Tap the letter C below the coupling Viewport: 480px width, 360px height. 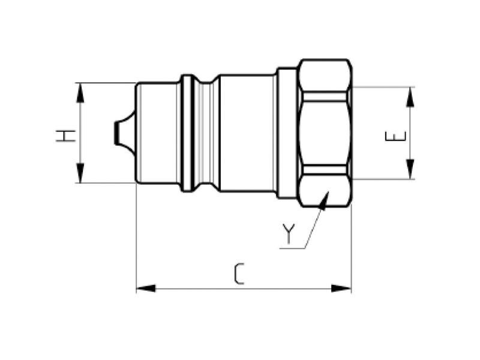(x=239, y=274)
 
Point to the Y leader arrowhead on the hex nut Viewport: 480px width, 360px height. (x=325, y=199)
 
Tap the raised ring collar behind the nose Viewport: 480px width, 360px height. (x=187, y=133)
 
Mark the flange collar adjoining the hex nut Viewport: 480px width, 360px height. (x=286, y=133)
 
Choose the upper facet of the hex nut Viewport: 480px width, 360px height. (x=325, y=75)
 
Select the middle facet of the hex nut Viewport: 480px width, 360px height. (x=325, y=133)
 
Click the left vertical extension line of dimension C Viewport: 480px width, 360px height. (x=136, y=240)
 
